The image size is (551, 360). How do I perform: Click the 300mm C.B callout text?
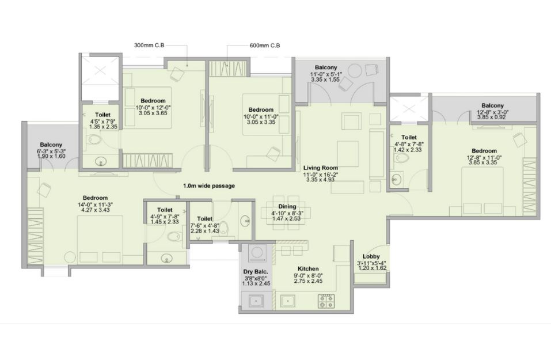coord(149,46)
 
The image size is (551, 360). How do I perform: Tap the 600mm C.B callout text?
coord(265,46)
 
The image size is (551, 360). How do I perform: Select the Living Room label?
coord(321,168)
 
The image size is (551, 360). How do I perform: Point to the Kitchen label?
coord(308,269)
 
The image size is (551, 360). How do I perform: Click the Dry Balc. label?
coord(256,272)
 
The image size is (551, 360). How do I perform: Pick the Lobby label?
coord(371,257)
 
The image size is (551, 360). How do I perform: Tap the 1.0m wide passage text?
coord(209,185)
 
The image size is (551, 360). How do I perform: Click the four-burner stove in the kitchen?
coord(326,301)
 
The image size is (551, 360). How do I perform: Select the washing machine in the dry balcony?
coord(257,253)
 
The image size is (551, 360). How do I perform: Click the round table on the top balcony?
coord(355,71)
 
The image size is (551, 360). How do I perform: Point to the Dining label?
coord(287,207)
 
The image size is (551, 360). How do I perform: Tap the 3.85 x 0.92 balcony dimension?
coord(491,117)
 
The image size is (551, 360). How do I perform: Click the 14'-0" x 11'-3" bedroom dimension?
coord(95,204)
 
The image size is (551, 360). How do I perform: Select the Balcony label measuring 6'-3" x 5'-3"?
coord(51,145)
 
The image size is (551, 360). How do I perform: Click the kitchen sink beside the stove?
coord(288,301)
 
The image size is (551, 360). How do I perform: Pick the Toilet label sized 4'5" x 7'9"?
coord(102,115)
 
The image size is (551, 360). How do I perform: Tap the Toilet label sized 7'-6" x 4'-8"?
coord(204,219)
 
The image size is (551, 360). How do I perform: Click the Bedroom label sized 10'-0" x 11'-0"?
coord(261,110)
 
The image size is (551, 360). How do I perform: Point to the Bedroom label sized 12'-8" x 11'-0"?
coord(484,151)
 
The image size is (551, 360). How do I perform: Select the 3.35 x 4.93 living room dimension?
coord(321,179)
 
